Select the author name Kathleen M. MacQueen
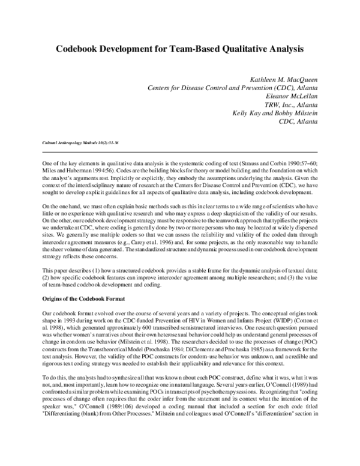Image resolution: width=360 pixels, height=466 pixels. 283,79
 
